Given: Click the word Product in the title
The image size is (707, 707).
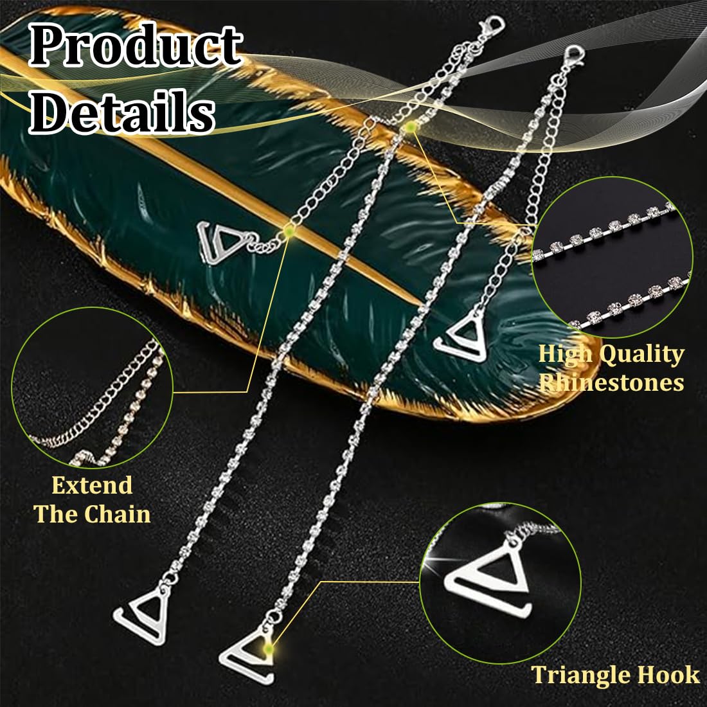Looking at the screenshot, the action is point(136,44).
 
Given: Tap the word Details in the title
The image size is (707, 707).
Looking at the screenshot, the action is point(122,111).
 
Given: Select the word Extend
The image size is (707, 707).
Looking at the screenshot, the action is point(92,486).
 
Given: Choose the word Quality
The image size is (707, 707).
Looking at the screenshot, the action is point(642,354).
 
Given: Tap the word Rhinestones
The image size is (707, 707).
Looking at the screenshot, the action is point(611,382).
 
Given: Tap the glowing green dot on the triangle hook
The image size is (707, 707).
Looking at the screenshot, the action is point(269,649).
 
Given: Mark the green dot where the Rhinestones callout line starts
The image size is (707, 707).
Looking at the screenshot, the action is point(409,128).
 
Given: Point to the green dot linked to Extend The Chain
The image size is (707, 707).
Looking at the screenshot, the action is point(289,231).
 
